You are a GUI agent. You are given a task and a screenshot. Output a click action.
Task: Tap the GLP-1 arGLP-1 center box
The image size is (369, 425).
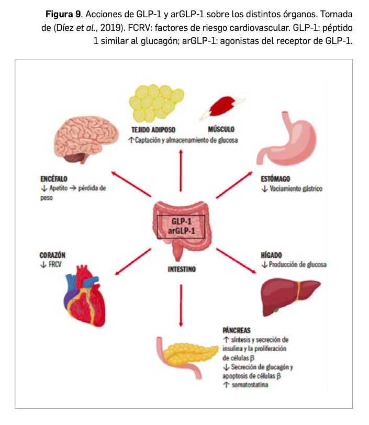[181, 226]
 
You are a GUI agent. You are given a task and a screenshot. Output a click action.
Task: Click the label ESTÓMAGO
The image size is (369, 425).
[276, 179]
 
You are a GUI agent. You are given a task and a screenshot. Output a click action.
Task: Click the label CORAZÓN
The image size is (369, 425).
[52, 254]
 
